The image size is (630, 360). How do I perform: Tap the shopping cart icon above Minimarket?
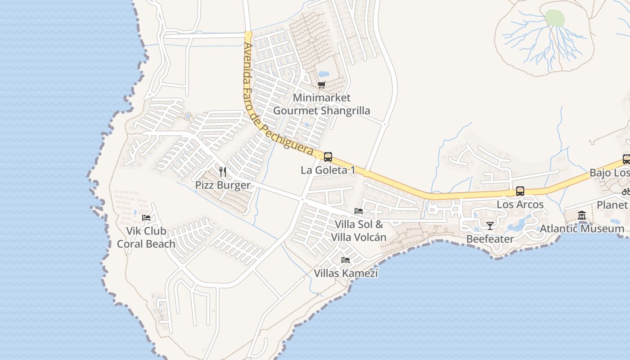321,85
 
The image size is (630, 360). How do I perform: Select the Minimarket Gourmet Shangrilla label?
321,104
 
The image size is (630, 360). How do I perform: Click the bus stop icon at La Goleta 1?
328,157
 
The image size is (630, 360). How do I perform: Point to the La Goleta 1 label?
328,170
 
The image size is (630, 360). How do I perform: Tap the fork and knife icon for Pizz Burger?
222,171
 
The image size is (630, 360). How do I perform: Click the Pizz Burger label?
222,185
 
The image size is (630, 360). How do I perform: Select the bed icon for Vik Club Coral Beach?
146,218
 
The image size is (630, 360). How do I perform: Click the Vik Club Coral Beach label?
146,237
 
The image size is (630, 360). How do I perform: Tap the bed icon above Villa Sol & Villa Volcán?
359,211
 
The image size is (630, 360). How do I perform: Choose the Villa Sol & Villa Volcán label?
359,231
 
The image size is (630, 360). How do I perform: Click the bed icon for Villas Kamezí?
346,260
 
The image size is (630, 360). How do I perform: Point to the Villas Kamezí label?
346,273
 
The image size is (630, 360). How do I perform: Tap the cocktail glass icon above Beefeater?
490,225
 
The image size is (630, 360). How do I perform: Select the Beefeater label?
490,239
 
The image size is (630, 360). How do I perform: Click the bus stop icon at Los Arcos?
520,191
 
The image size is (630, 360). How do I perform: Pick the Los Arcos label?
520,204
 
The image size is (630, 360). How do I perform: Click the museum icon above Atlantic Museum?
582,216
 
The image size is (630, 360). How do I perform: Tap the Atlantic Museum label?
582,229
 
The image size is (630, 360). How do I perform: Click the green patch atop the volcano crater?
555,18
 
